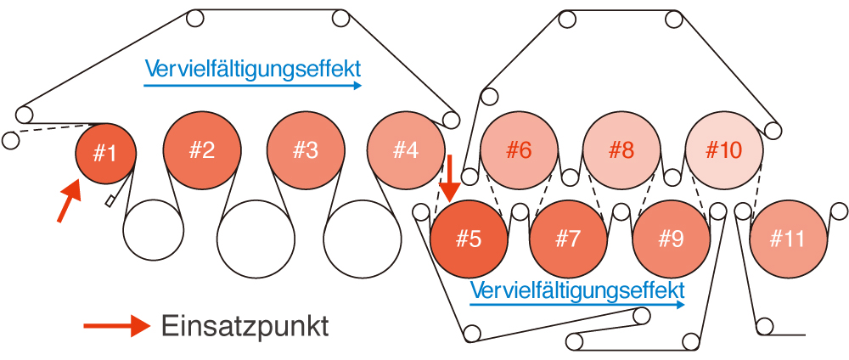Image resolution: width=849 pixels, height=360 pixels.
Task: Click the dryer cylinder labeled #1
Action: click(105, 154)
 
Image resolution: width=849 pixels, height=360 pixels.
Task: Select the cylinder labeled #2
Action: click(203, 150)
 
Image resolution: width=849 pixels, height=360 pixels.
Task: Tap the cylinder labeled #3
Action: click(306, 150)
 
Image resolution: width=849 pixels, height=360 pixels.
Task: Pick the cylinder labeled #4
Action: click(406, 150)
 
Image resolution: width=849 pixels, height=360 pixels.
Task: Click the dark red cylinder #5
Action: click(469, 239)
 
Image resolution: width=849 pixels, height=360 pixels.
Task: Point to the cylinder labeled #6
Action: click(519, 150)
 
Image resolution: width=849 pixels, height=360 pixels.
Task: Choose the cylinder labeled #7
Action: click(568, 239)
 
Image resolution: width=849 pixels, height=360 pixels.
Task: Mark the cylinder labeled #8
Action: click(621, 150)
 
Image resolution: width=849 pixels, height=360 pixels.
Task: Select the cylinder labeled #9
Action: click(672, 239)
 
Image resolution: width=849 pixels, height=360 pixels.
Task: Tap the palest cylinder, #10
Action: click(724, 150)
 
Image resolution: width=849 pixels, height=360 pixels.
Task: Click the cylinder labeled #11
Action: click(789, 239)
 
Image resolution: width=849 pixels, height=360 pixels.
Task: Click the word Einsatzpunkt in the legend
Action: click(245, 326)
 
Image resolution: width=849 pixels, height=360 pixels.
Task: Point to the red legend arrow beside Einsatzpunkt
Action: click(116, 326)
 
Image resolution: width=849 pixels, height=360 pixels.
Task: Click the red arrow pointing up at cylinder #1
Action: click(70, 201)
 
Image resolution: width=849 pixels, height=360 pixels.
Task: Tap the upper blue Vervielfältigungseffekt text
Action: click(252, 70)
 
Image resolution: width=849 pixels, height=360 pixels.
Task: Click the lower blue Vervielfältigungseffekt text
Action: click(577, 290)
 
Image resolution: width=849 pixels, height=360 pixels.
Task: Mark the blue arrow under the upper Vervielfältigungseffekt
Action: click(252, 85)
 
